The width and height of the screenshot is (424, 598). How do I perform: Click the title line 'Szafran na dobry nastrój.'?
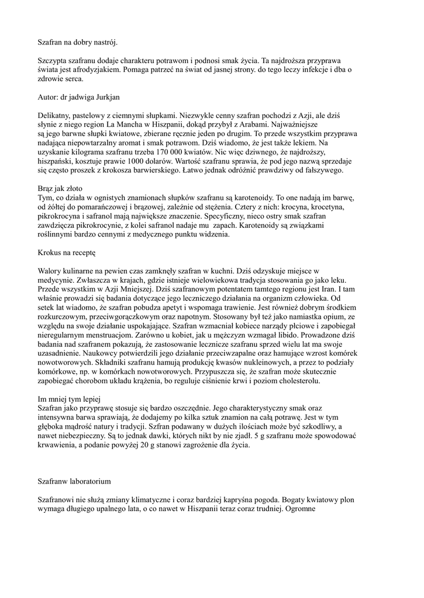[x=77, y=43]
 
